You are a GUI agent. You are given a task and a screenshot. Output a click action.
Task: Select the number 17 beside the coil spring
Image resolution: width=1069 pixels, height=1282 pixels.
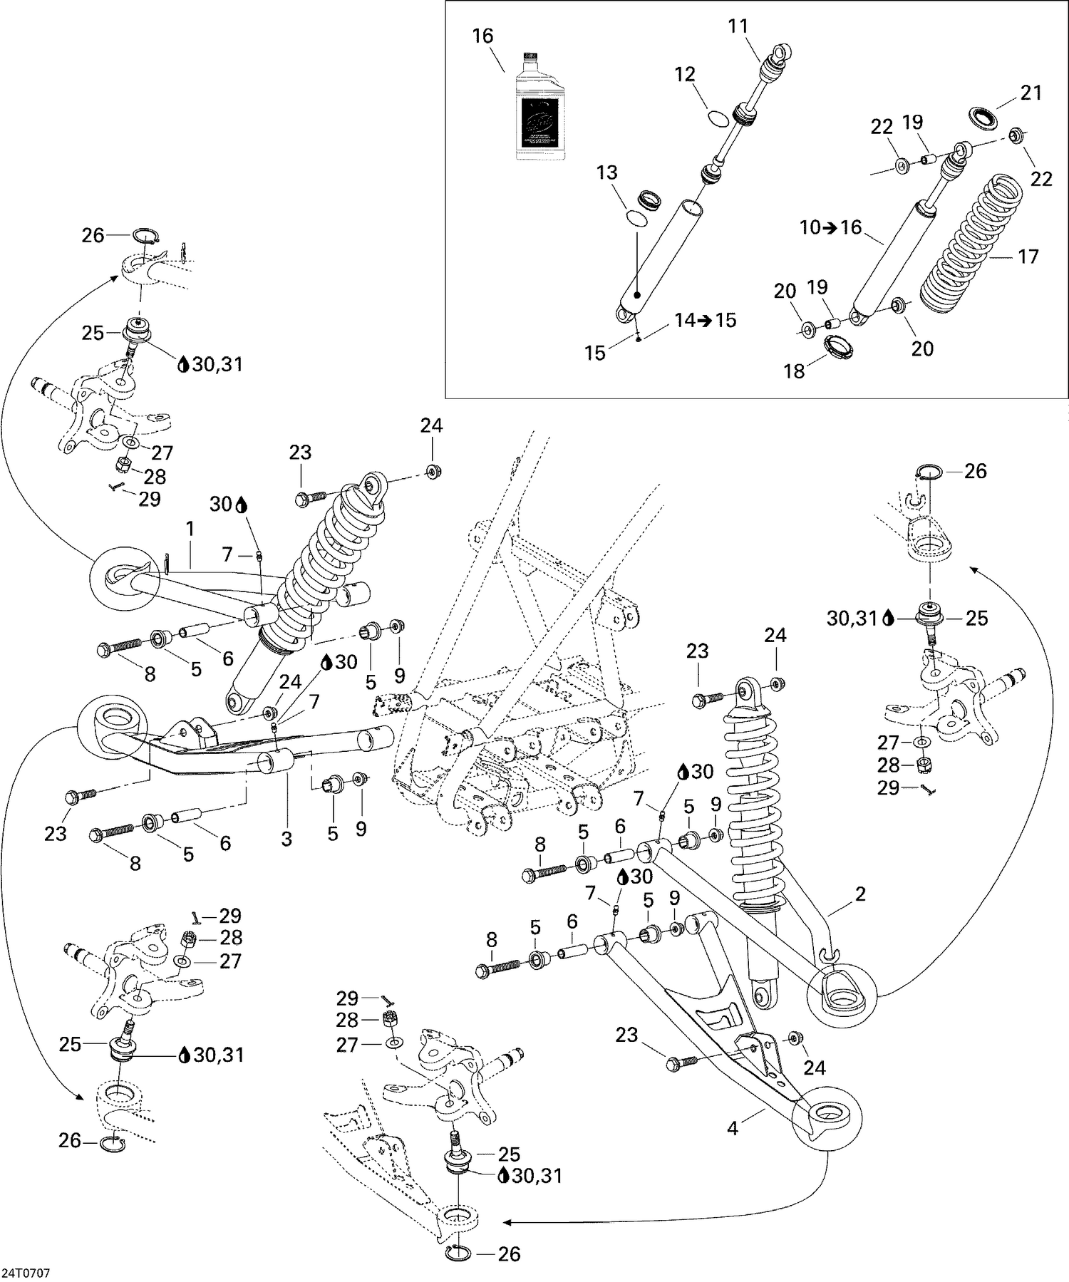(1028, 257)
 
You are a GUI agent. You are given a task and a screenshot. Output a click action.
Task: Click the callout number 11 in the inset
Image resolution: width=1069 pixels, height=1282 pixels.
(738, 27)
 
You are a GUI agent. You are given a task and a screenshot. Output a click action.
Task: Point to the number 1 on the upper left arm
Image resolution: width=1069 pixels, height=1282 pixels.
(190, 529)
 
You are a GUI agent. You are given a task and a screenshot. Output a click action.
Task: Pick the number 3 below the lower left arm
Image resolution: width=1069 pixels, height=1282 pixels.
(286, 839)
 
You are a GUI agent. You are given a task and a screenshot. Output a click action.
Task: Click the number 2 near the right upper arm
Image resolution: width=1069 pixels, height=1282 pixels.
(860, 894)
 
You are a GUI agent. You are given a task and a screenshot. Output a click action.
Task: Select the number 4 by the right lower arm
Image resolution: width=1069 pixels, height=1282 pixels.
(732, 1128)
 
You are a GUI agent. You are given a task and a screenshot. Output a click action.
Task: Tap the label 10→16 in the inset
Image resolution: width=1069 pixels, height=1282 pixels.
(830, 228)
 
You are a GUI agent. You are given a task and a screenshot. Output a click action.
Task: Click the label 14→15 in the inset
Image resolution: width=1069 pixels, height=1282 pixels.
(706, 320)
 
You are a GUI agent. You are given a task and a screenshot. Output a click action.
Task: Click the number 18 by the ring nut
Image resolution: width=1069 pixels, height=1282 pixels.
(794, 371)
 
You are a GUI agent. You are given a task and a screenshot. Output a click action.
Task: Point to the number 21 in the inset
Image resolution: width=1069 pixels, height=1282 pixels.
(1031, 93)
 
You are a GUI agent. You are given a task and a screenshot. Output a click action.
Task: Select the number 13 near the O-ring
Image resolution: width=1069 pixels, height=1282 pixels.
(607, 172)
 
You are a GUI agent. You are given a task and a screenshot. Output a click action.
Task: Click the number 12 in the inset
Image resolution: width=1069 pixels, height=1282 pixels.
(685, 75)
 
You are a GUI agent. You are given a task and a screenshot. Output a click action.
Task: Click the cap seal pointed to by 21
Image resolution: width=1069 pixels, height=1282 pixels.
(983, 116)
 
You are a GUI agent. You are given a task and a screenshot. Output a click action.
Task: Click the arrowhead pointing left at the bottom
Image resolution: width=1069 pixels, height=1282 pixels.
(507, 1223)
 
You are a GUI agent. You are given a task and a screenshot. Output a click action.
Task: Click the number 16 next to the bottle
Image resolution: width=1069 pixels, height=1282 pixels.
(482, 36)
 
